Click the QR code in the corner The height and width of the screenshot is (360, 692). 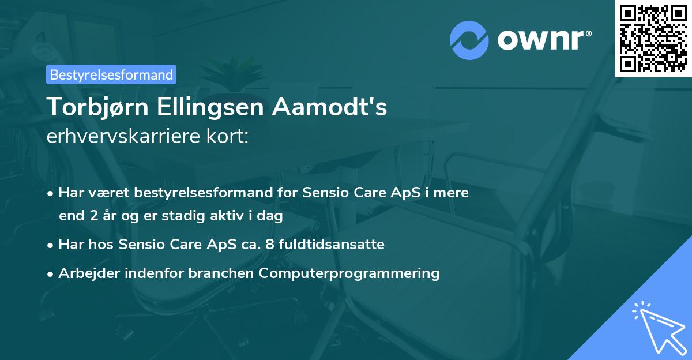[x=653, y=38]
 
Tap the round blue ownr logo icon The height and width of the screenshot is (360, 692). [x=468, y=40]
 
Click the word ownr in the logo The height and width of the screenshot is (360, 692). [x=539, y=40]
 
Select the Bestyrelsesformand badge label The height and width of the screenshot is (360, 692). [x=111, y=74]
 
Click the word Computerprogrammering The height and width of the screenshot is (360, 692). [x=349, y=273]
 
